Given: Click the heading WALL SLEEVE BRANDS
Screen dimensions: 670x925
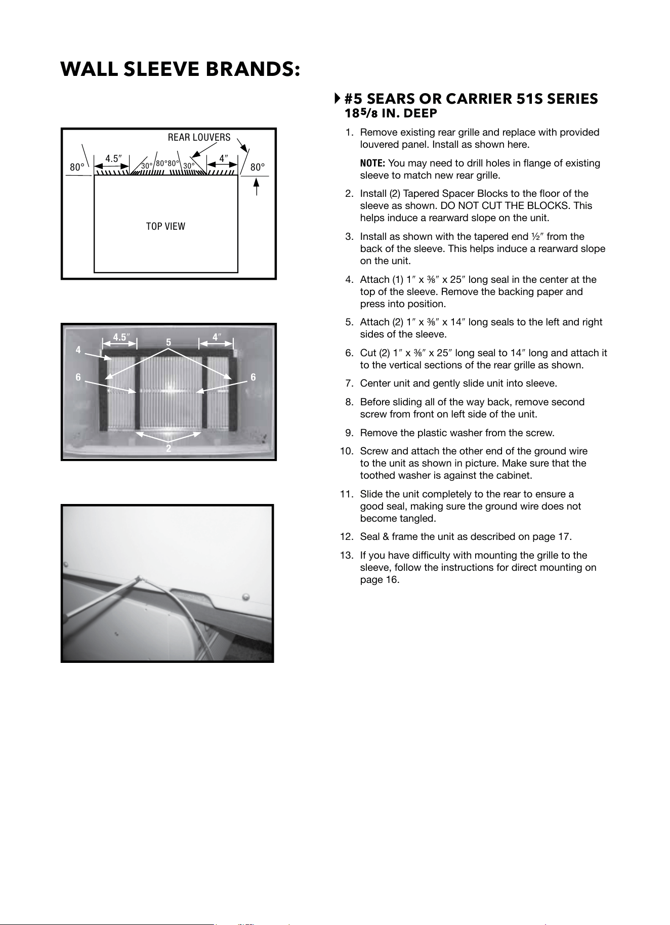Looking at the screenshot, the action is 181,69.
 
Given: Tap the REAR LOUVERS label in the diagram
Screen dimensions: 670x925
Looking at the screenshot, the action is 199,137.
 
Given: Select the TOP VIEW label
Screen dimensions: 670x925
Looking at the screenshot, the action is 165,226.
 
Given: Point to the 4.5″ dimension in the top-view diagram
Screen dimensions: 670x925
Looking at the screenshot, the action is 113,158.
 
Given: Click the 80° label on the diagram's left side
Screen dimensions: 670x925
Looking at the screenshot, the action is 77,167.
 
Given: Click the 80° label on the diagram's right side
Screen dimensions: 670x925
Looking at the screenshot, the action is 258,166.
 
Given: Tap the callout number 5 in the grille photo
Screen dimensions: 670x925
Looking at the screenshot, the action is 169,343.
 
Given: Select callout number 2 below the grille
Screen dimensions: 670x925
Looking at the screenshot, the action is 169,449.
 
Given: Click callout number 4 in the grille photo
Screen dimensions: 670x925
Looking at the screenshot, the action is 78,350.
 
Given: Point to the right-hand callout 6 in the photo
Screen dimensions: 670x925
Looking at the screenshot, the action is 253,377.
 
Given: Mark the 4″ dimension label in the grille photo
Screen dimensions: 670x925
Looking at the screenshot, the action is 217,337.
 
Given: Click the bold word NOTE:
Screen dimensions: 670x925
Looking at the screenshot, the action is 372,163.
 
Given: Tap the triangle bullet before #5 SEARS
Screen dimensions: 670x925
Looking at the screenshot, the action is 338,98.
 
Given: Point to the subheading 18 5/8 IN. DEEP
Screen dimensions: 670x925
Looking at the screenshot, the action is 391,113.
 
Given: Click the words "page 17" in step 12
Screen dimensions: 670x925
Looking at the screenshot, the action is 553,537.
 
